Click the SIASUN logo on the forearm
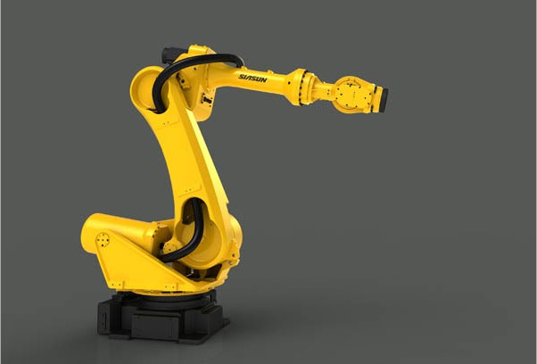252,79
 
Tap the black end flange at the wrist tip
384,100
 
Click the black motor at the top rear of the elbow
171,55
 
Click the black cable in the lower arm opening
192,233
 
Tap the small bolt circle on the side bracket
103,240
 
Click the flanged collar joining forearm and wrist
300,87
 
